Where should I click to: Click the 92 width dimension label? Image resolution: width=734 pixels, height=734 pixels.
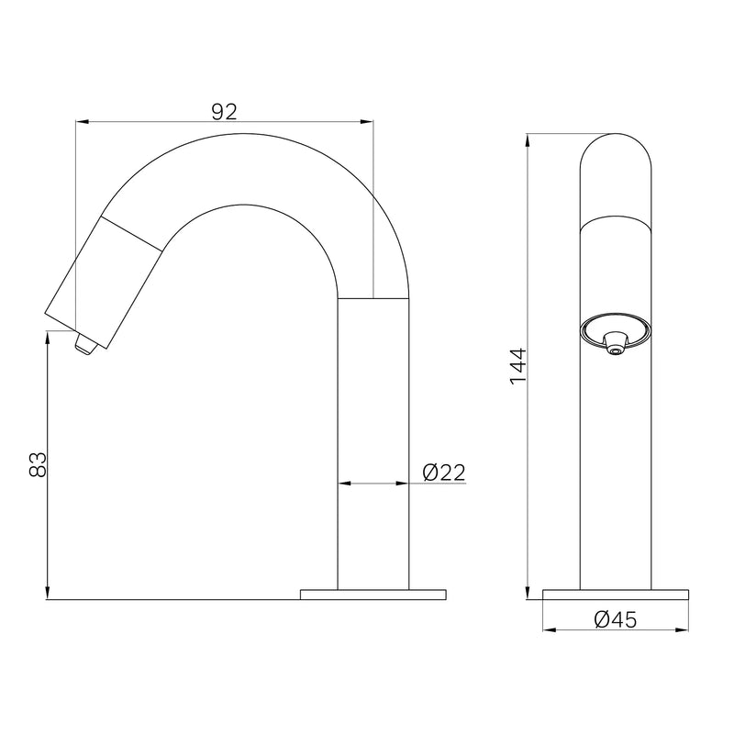[x=225, y=112]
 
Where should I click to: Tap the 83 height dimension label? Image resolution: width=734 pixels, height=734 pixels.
[x=38, y=464]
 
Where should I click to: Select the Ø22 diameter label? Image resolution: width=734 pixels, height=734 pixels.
[x=444, y=473]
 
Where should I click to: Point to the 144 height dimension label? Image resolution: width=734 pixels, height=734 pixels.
[x=518, y=366]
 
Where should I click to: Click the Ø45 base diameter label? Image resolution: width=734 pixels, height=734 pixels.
[x=615, y=620]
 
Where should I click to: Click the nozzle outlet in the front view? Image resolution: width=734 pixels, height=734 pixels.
[x=615, y=346]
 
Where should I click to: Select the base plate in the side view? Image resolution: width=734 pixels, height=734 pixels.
[x=373, y=595]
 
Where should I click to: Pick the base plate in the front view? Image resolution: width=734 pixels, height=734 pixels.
[x=616, y=595]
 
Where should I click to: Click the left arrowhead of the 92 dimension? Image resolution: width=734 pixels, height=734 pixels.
[x=82, y=122]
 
